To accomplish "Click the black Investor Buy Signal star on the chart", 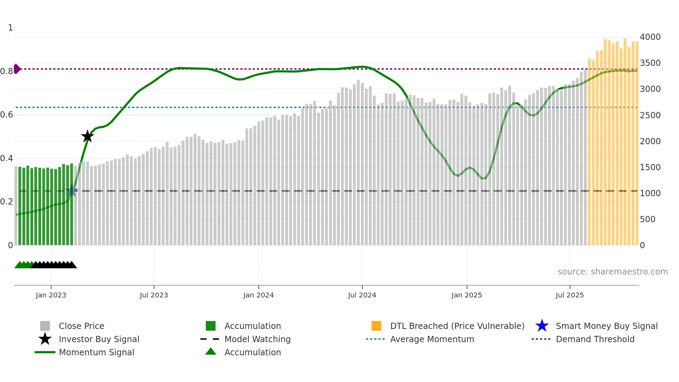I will point(87,136).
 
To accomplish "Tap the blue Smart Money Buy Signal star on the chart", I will point(72,191).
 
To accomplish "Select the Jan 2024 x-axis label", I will point(258,295).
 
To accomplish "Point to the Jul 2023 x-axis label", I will point(154,295).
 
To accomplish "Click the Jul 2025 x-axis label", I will point(570,295).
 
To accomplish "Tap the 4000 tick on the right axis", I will point(650,37).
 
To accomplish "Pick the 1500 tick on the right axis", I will point(650,167).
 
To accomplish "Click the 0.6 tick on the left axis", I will point(6,115).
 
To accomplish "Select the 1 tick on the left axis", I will point(10,28).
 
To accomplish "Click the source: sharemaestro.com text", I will point(612,271).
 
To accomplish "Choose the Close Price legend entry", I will point(81,326).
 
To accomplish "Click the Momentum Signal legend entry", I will point(96,352).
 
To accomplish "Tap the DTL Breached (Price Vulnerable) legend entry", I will point(457,326).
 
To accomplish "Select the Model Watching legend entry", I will point(257,339).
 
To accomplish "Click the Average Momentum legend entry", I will point(432,339).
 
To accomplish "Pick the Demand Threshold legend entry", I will point(595,339).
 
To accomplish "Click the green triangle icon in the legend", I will point(211,351).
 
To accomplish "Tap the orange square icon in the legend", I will point(376,326).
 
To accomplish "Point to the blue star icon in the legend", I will point(542,326).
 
